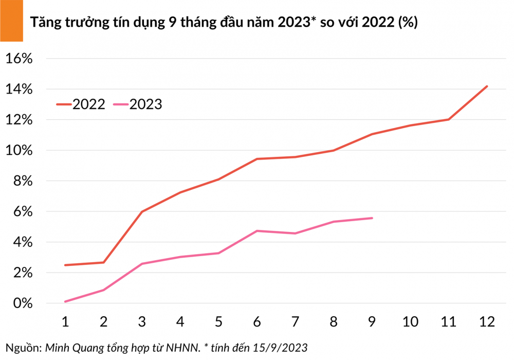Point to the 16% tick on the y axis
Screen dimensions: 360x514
click(x=19, y=59)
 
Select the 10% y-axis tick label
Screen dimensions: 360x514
click(x=19, y=150)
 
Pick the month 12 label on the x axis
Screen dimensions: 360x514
click(x=487, y=322)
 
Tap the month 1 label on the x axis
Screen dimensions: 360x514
click(x=65, y=322)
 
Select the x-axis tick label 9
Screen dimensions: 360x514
click(x=372, y=322)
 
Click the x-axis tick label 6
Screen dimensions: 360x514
click(x=257, y=322)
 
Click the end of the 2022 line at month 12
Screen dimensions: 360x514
click(x=487, y=86)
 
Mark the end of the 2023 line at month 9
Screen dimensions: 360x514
click(x=372, y=218)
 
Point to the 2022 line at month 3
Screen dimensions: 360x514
click(x=142, y=211)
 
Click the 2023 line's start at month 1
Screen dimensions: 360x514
click(x=65, y=301)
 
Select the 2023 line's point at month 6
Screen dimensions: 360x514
click(x=257, y=231)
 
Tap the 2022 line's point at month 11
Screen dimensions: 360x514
click(x=448, y=119)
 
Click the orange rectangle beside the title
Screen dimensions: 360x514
click(x=11, y=21)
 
